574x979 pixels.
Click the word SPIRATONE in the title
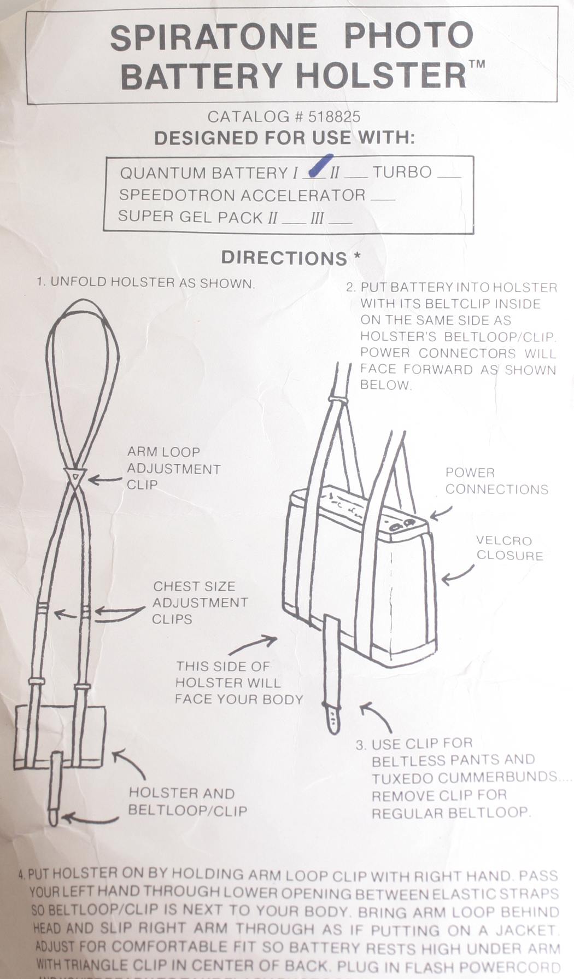214,37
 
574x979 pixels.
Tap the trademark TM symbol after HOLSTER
476,64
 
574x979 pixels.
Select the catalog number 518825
334,116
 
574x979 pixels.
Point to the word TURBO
402,173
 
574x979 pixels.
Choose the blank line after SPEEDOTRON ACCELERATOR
382,198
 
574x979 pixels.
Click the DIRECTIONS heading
284,258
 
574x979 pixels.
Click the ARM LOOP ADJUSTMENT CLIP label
173,468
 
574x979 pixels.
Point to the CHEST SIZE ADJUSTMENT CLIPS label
200,603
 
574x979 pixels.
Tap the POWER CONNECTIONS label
496,481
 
